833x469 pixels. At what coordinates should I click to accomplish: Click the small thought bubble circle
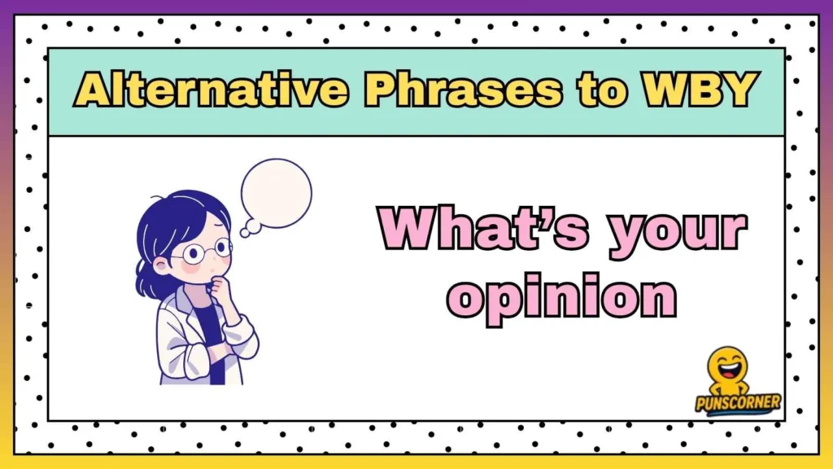[246, 231]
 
